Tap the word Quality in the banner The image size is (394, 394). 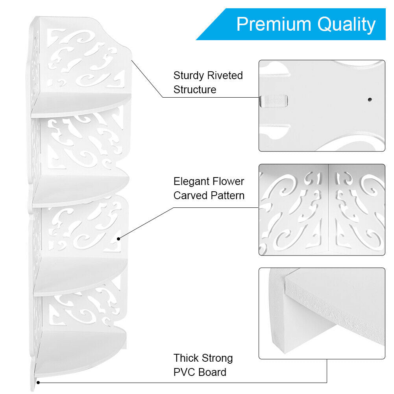(x=347, y=24)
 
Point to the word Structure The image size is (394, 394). (x=195, y=90)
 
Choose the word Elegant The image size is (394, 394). (x=192, y=181)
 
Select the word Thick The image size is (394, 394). (x=187, y=358)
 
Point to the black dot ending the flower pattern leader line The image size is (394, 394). (x=118, y=238)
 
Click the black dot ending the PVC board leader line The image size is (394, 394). (x=38, y=382)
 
